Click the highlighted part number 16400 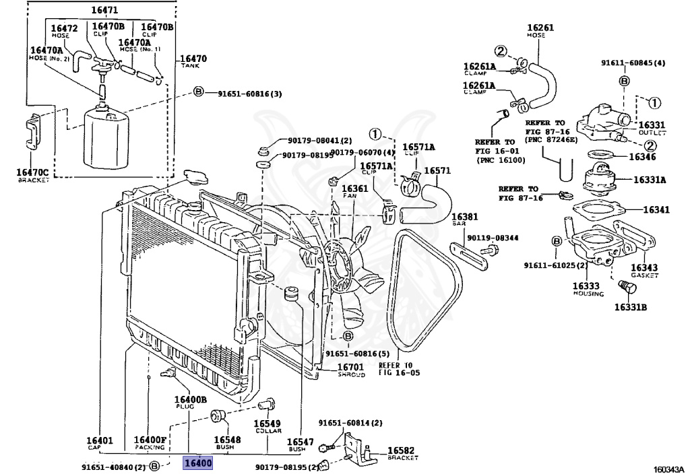click(x=199, y=463)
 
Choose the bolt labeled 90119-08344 click(x=491, y=250)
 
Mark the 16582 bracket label click(x=402, y=450)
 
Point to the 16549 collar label click(x=267, y=425)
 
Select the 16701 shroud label click(x=351, y=368)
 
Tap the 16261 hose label click(x=540, y=28)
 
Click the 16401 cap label click(x=99, y=440)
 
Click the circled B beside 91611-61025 click(x=557, y=242)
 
